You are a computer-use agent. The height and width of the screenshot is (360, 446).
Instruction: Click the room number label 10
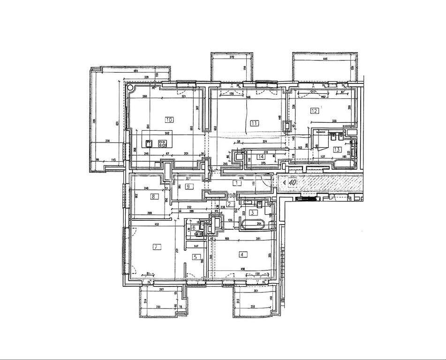pos(169,120)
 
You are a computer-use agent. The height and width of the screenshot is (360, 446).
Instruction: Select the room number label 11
pos(254,123)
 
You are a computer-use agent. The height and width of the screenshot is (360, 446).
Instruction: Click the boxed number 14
pos(261,157)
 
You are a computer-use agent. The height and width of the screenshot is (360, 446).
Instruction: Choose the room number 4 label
pos(242,255)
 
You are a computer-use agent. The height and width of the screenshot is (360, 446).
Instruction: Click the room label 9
pos(188,187)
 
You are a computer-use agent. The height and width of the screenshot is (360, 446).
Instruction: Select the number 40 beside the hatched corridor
pos(292,183)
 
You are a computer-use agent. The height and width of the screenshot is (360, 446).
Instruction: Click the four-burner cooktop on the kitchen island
pos(165,145)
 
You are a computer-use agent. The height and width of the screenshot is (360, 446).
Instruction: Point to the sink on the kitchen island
pos(149,143)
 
